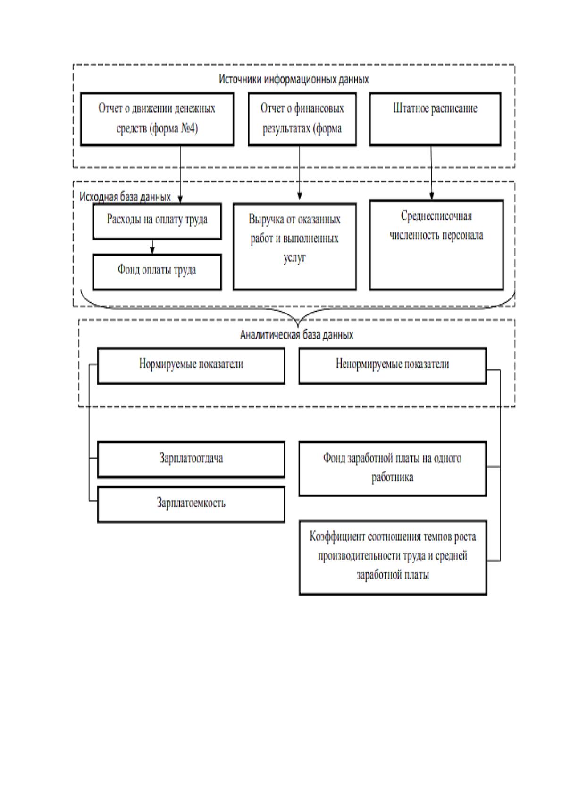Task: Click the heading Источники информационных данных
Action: pos(294,79)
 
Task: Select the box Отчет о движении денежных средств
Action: pos(157,119)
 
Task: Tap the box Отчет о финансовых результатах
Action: pos(302,119)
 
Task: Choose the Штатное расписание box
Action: pos(435,119)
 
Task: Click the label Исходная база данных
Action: pos(125,197)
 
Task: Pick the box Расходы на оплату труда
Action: pos(157,221)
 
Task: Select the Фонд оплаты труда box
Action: pos(157,272)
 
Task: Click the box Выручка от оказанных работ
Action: pos(294,247)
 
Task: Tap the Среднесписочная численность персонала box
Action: pos(436,245)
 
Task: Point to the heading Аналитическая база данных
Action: pos(297,335)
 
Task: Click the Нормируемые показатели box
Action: pos(191,366)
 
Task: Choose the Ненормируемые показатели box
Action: pos(393,366)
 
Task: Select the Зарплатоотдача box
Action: pos(191,459)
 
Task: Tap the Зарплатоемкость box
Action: pos(191,505)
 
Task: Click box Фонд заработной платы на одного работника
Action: pos(393,469)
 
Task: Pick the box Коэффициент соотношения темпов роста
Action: pos(393,558)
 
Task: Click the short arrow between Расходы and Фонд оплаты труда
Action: pos(152,247)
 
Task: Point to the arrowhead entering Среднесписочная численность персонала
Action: pos(432,196)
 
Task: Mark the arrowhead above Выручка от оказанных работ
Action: pos(300,196)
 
